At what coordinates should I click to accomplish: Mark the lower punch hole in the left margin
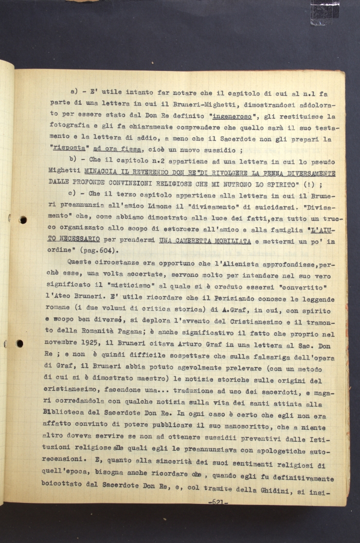19,343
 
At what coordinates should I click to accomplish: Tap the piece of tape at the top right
325,11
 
